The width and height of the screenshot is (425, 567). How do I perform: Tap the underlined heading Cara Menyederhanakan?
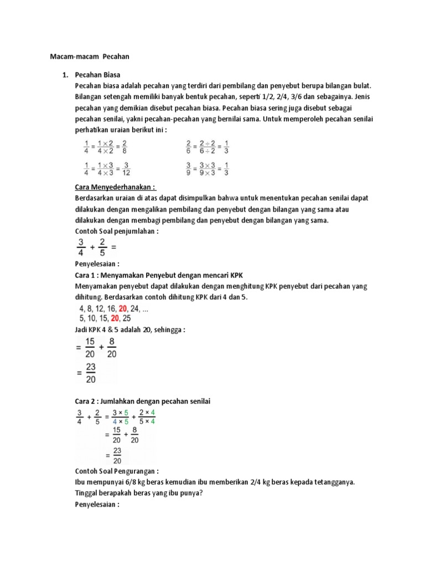tap(115, 187)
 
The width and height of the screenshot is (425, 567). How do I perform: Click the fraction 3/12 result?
tap(126, 168)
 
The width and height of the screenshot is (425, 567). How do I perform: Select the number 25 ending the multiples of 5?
tap(127, 318)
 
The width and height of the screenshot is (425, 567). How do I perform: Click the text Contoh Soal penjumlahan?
tap(116, 231)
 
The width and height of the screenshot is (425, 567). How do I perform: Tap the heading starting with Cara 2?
tap(143, 400)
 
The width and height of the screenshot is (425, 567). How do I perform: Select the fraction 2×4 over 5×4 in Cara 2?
tap(147, 416)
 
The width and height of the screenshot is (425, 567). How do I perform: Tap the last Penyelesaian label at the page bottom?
tap(97, 504)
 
